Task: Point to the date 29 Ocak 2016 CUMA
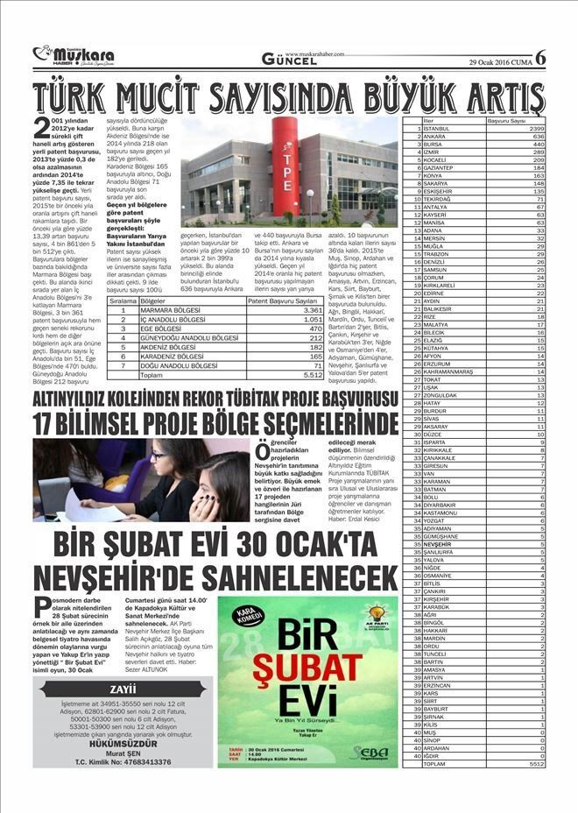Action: pos(498,60)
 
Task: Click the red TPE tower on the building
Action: pos(285,166)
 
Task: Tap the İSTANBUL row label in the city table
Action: pos(436,129)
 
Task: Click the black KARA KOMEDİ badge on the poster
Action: pos(248,616)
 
